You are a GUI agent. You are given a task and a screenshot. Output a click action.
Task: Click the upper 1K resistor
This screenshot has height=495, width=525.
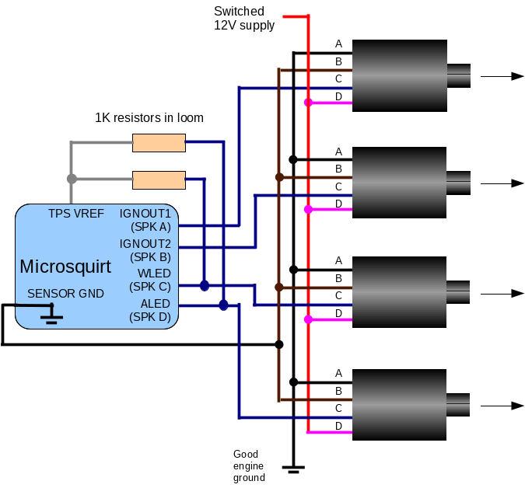coord(159,142)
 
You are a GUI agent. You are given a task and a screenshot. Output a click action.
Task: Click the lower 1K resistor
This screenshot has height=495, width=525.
coord(159,180)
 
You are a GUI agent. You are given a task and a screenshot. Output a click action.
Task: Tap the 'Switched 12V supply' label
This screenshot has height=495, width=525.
coord(244,19)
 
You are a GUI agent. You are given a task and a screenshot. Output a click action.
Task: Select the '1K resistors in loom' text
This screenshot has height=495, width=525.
coord(149,118)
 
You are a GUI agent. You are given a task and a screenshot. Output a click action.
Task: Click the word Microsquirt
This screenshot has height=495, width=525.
coord(65,267)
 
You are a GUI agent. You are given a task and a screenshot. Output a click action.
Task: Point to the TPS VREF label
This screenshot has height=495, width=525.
coord(76,214)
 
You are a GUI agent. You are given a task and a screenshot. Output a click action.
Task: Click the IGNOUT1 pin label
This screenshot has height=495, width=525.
coord(145,213)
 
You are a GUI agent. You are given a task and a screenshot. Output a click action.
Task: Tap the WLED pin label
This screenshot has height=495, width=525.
coord(154,274)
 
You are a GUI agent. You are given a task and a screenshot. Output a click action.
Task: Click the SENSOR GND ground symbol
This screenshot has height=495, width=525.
coord(52,315)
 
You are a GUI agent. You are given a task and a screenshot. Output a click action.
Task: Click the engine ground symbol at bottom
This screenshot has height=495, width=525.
coord(293,469)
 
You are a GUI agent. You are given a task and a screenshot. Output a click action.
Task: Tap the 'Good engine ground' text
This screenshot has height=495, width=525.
coord(249,465)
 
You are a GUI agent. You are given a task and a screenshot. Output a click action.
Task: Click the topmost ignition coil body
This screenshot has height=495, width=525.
coord(400,75)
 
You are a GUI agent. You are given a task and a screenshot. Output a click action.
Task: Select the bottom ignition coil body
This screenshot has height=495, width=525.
coord(400,406)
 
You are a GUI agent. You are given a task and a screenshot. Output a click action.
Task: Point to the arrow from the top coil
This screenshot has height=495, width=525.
coord(502,76)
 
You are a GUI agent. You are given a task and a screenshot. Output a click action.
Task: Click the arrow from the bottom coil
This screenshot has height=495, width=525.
coord(502,406)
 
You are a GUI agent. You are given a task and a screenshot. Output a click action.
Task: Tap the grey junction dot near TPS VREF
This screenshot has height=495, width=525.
coord(72,179)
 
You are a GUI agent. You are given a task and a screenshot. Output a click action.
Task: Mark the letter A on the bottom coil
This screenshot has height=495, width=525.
coord(338,374)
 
